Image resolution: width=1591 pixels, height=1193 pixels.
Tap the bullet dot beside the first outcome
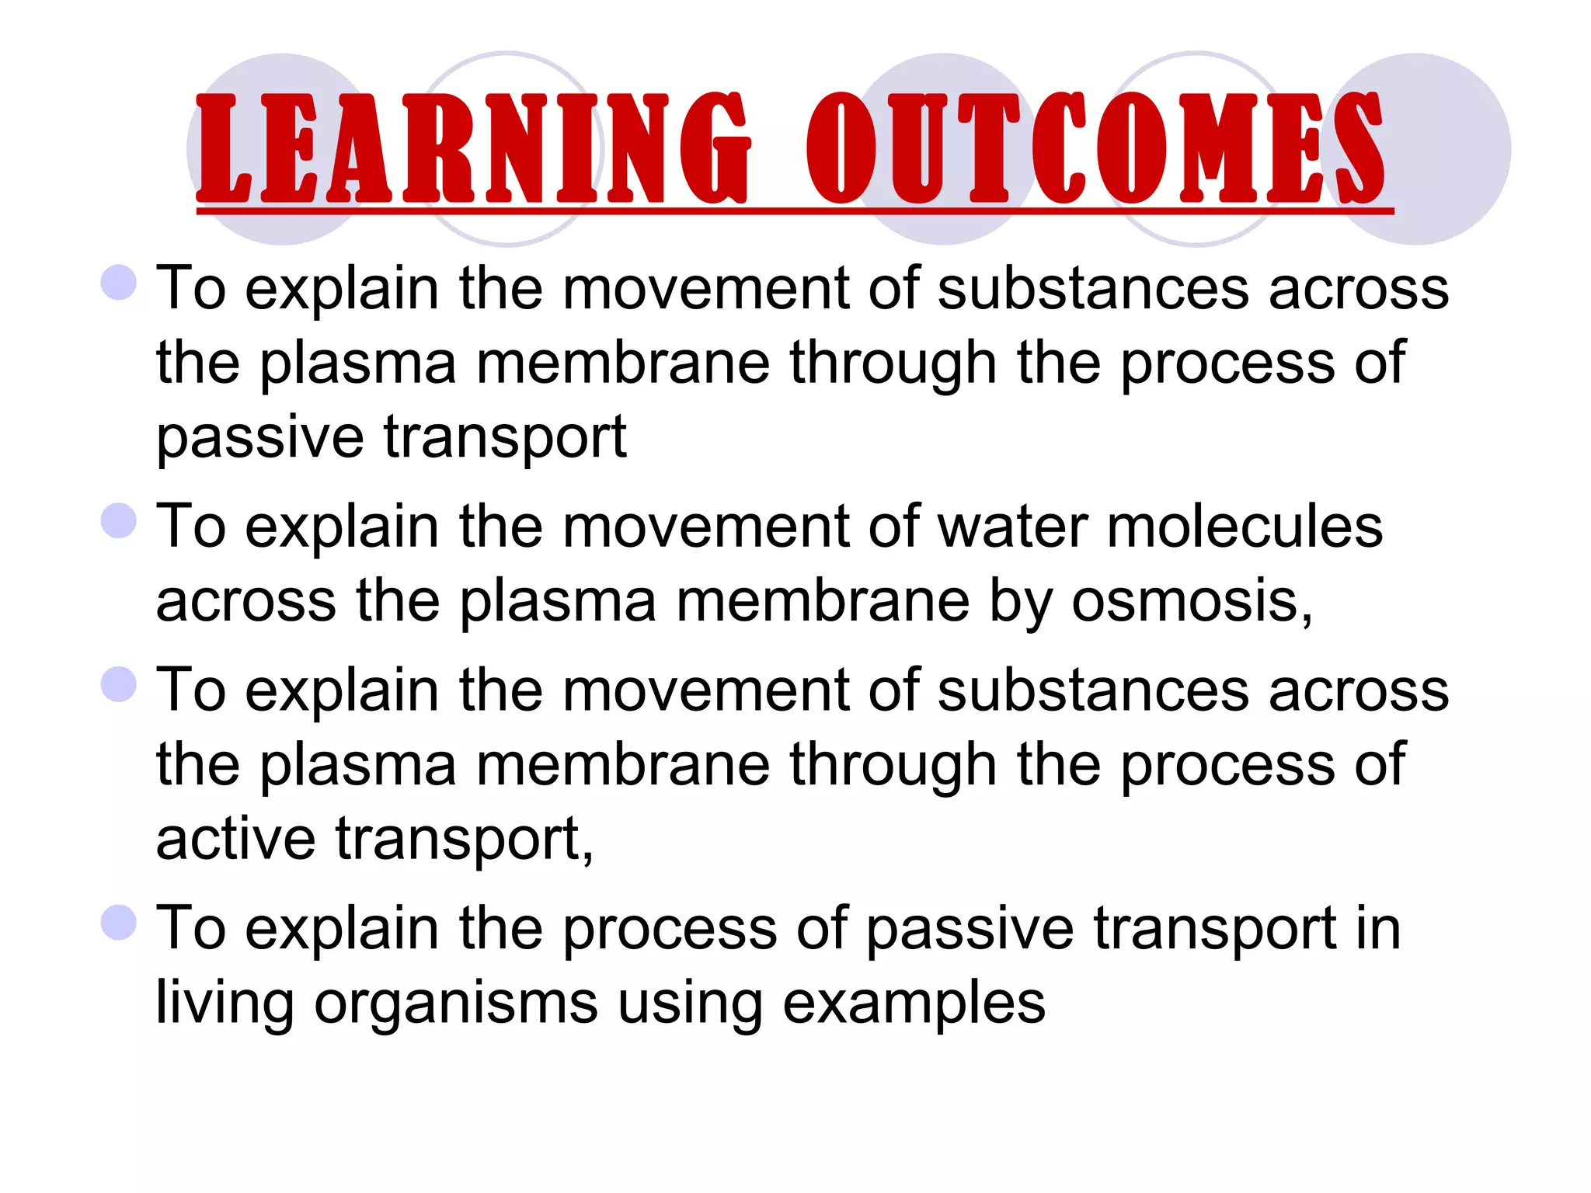(119, 282)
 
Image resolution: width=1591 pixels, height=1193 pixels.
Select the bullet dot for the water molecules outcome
(119, 520)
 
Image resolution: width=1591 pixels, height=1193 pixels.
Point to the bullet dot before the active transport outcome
(119, 684)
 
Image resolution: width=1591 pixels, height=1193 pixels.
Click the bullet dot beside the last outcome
(119, 922)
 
